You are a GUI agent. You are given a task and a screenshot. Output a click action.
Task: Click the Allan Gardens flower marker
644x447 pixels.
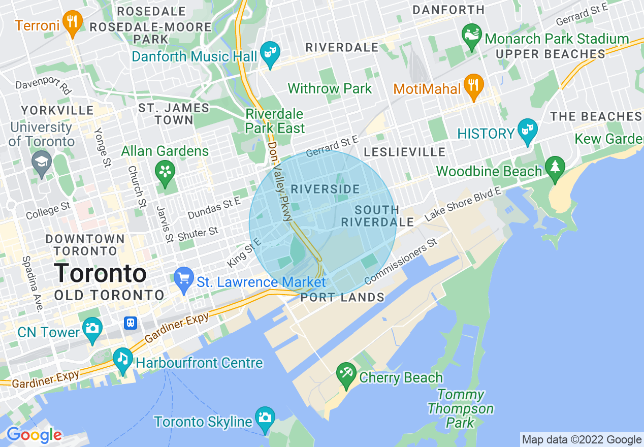coord(165,173)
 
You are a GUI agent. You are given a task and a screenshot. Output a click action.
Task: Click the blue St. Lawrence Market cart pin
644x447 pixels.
coord(184,279)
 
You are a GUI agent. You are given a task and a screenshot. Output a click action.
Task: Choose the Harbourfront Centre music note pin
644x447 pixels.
coord(123,360)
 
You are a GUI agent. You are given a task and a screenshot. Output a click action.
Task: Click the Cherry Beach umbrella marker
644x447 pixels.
coord(346,375)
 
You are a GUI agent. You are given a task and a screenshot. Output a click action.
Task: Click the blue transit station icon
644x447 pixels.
coord(132,323)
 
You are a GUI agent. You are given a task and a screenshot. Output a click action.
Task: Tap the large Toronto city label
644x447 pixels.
coord(100,273)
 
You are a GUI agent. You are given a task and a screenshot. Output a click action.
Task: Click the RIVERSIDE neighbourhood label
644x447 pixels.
coord(326,189)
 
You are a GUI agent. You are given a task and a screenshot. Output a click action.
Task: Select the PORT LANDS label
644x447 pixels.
coord(342,298)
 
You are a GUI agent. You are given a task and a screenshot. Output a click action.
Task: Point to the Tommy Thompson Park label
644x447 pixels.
coord(460,408)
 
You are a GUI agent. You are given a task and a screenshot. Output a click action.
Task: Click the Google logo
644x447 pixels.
coord(34,435)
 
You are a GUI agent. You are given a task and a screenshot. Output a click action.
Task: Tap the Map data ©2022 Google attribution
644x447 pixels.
coord(582,439)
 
